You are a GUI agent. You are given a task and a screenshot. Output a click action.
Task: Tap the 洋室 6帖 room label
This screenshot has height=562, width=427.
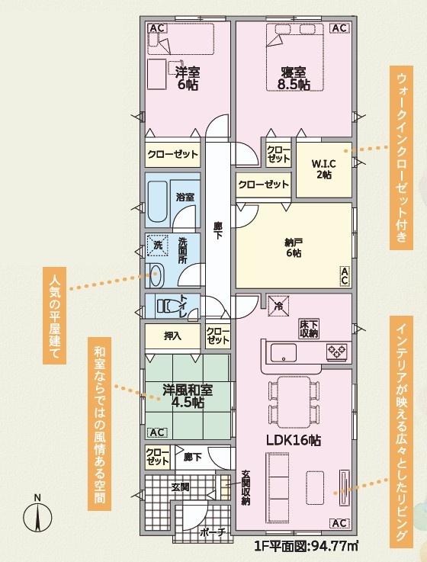pyautogui.click(x=188, y=79)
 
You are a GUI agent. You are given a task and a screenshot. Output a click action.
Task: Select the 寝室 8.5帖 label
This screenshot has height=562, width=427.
pyautogui.click(x=294, y=78)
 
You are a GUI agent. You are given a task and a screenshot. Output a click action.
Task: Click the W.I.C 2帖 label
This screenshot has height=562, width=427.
pyautogui.click(x=324, y=169)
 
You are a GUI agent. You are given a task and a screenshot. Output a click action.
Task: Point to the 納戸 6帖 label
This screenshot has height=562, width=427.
pyautogui.click(x=294, y=248)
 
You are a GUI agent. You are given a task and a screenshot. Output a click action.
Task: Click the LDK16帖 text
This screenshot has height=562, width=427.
pyautogui.click(x=294, y=440)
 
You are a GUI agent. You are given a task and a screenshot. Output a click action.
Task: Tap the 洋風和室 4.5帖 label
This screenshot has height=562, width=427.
pyautogui.click(x=188, y=396)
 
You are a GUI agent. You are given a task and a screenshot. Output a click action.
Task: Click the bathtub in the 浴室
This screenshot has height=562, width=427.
pyautogui.click(x=158, y=201)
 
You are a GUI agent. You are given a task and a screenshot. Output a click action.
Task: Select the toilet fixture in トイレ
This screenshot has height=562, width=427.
pyautogui.click(x=168, y=305)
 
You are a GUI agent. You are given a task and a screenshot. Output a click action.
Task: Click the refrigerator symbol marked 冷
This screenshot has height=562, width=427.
pyautogui.click(x=278, y=306)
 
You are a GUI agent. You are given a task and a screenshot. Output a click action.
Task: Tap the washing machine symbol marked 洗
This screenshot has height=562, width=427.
pyautogui.click(x=158, y=245)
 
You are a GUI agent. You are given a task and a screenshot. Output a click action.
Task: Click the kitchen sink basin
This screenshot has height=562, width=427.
pyautogui.click(x=283, y=353)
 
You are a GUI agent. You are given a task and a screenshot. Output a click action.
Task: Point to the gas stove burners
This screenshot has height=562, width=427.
pyautogui.click(x=337, y=352)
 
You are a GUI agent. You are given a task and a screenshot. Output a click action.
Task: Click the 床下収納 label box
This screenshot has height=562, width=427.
pyautogui.click(x=309, y=329)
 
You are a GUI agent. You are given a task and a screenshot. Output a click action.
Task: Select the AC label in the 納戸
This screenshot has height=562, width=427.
pyautogui.click(x=344, y=276)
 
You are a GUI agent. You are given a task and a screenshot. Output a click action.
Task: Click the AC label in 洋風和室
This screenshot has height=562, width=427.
pyautogui.click(x=157, y=432)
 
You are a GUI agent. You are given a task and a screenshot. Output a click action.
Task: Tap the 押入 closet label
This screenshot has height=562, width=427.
pyautogui.click(x=172, y=336)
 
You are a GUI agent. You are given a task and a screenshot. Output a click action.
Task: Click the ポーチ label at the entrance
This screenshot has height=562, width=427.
pyautogui.click(x=213, y=532)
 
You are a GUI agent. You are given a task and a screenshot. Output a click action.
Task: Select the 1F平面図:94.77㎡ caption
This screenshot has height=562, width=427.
pyautogui.click(x=307, y=546)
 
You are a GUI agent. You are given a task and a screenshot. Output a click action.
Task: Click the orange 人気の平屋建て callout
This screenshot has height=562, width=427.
pyautogui.click(x=54, y=316)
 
